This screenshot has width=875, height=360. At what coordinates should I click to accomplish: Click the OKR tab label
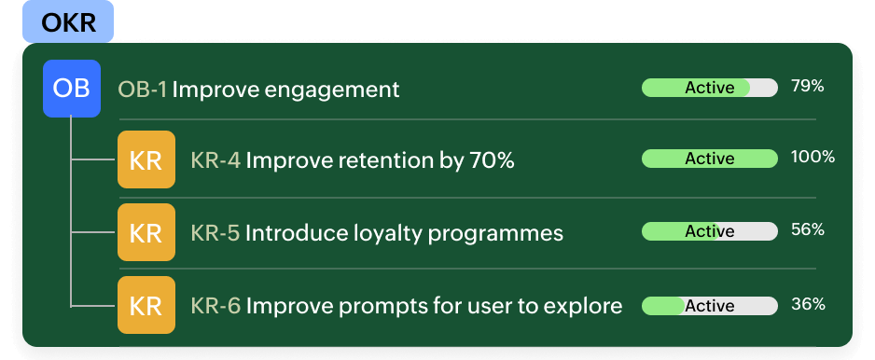68,22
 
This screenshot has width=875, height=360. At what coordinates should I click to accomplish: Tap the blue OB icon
72,89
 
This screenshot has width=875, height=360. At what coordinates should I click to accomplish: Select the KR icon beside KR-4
146,159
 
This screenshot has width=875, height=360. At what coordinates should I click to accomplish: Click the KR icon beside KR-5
146,232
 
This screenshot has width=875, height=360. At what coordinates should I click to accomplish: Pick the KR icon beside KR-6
146,305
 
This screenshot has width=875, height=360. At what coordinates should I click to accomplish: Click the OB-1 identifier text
143,90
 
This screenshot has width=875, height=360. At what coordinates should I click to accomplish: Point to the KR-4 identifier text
216,160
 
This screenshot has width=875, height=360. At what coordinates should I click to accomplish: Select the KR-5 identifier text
215,233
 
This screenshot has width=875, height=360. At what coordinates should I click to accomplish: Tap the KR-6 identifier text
216,306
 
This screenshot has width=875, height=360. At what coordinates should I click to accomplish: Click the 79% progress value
808,87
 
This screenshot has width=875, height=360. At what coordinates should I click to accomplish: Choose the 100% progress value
812,158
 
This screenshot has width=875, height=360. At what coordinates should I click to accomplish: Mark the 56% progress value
808,230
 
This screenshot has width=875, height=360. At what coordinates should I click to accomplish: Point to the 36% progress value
808,304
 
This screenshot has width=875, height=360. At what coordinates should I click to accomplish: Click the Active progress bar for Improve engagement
709,88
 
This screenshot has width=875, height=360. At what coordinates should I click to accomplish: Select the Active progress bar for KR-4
709,159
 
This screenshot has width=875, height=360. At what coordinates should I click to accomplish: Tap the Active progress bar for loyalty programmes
709,231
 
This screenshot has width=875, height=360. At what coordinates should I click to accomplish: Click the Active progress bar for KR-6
709,306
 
